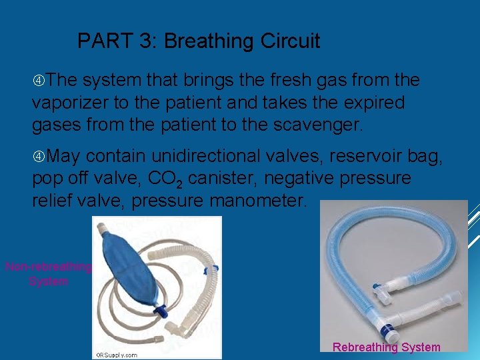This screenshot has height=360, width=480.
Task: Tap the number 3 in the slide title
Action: click(x=146, y=41)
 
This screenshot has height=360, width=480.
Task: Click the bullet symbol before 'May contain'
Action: click(x=39, y=157)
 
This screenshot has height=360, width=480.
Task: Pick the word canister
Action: click(x=233, y=179)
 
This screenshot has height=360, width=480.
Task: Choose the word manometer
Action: click(x=255, y=201)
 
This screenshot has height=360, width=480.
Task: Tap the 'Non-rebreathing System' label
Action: click(x=48, y=274)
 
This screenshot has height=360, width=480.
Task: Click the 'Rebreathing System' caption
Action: click(x=386, y=347)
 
